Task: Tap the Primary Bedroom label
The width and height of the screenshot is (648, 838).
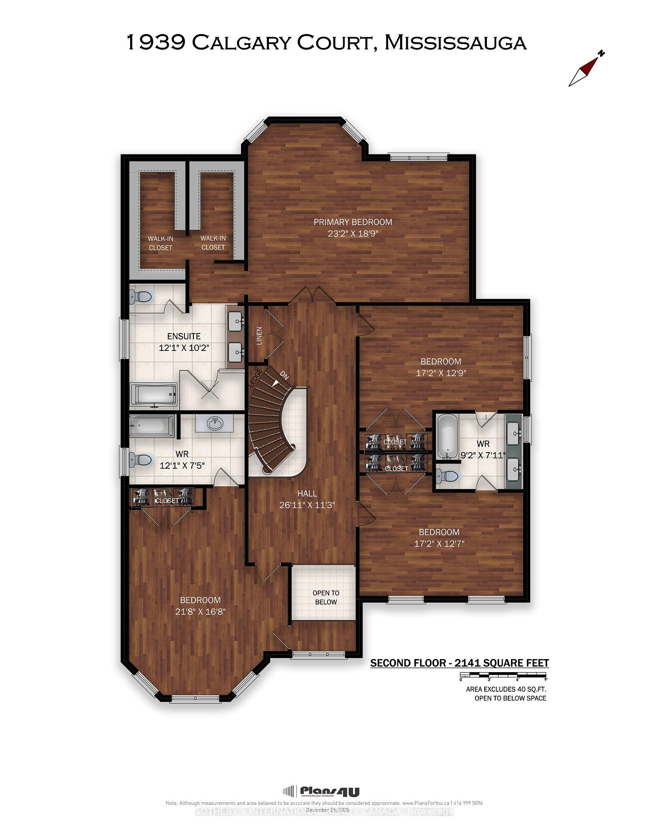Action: [x=353, y=222]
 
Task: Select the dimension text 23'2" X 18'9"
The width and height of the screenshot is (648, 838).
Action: [x=353, y=234]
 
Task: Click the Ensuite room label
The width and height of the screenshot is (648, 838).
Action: [x=184, y=336]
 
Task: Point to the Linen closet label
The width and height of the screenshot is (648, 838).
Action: [x=259, y=336]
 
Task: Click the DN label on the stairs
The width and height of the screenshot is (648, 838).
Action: [x=284, y=375]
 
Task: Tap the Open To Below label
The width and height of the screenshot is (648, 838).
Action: [x=326, y=598]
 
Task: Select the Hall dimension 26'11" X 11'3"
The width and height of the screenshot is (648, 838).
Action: [x=307, y=505]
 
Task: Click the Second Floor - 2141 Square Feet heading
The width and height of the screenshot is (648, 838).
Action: [x=459, y=663]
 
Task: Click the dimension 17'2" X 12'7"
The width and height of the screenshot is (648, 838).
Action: [x=439, y=543]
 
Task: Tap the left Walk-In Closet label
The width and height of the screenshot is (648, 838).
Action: [x=160, y=243]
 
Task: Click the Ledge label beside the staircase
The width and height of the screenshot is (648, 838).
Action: [x=255, y=377]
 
